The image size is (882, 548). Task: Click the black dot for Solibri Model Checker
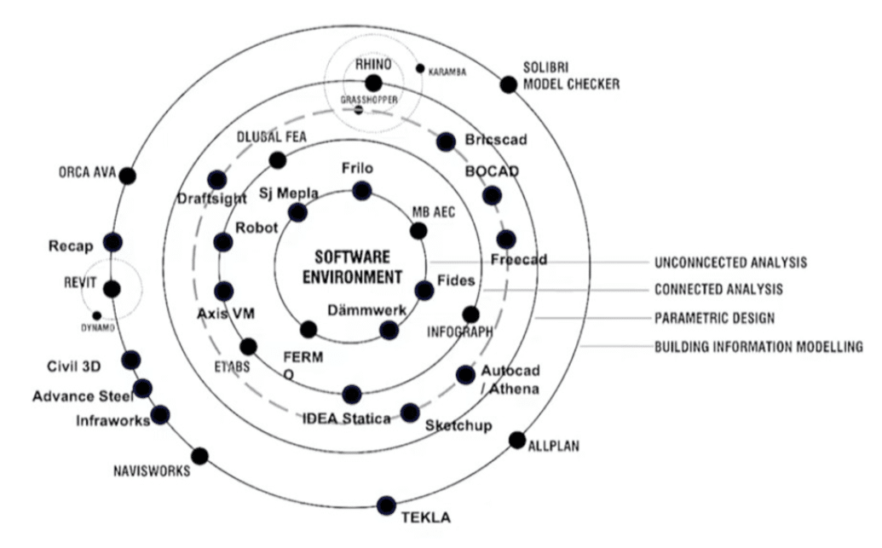click(508, 84)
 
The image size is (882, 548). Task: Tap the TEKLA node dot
click(386, 505)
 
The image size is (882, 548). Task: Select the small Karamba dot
click(420, 68)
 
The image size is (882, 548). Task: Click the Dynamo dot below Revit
click(97, 315)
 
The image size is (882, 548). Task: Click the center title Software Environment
click(352, 267)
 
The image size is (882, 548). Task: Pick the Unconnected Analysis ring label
click(730, 262)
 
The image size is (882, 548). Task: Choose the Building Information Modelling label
click(758, 347)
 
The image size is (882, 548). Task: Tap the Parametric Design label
click(714, 319)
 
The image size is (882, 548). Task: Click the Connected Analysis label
click(718, 290)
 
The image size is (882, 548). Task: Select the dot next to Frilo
click(362, 191)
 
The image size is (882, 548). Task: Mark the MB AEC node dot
click(418, 230)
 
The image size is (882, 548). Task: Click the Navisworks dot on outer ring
click(200, 456)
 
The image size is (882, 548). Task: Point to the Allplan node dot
click(516, 440)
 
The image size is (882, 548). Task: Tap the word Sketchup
click(458, 425)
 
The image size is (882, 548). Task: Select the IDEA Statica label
click(346, 418)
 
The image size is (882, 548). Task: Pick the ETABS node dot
click(248, 347)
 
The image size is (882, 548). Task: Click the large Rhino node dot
click(373, 83)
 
